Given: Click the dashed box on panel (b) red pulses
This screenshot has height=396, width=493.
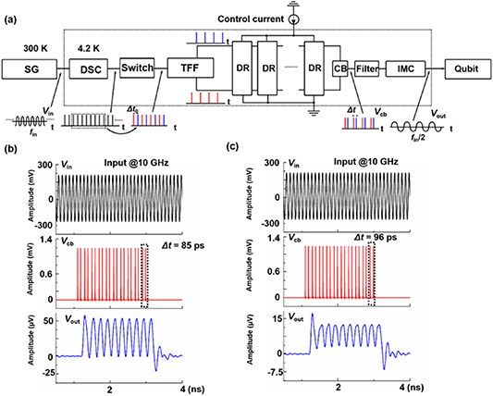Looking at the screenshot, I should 143,276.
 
